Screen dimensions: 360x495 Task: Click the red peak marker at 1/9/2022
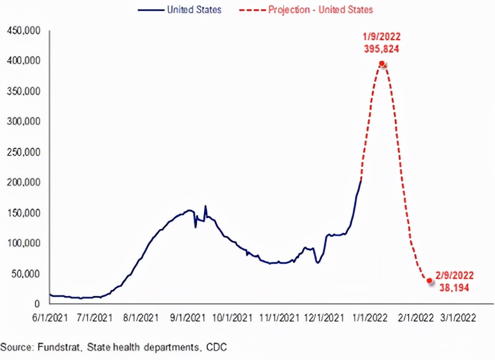coord(382,64)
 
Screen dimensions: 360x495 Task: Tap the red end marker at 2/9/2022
coord(429,280)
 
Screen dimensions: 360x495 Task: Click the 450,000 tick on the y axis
coord(24,31)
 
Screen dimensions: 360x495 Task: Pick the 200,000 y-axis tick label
coord(24,183)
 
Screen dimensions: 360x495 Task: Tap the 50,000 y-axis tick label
coord(26,274)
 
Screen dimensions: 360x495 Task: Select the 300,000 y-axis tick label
coord(24,122)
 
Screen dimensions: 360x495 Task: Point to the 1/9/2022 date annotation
coord(382,37)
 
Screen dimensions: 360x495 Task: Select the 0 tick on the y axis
coord(38,303)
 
